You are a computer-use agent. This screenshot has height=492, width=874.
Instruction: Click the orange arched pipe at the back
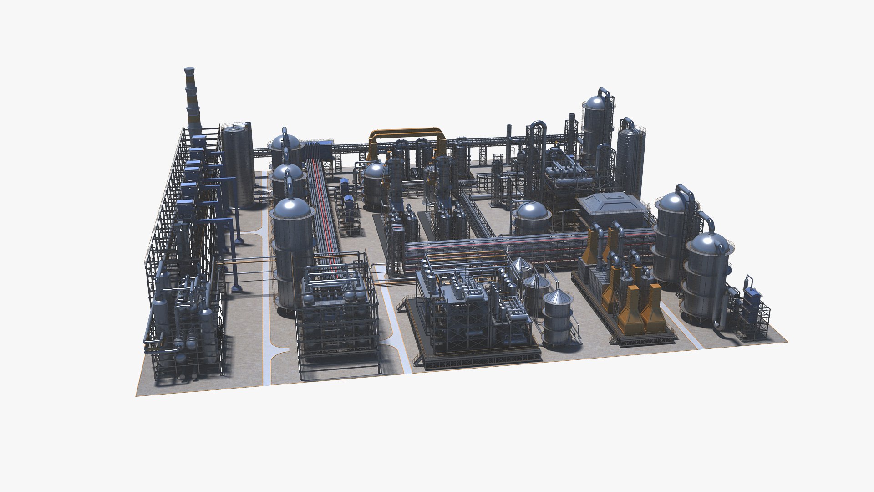[x=405, y=131]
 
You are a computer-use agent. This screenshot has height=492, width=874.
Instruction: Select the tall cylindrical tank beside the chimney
[x=238, y=166]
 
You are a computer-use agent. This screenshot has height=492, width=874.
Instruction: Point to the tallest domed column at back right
[x=597, y=123]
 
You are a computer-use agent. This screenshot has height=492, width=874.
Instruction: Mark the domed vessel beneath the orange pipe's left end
[x=375, y=182]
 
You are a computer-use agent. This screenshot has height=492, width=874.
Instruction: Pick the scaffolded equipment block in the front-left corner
[x=187, y=328]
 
